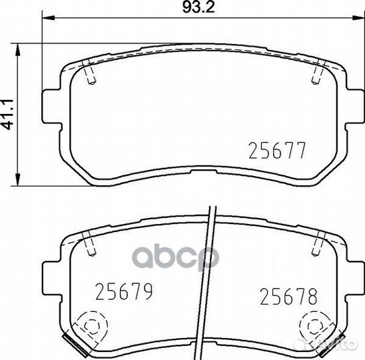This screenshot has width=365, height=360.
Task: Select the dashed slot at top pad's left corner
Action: tap(91, 71)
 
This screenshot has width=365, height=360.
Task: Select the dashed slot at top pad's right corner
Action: tap(316, 71)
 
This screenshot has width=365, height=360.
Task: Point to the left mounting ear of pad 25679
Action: tap(51, 274)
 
